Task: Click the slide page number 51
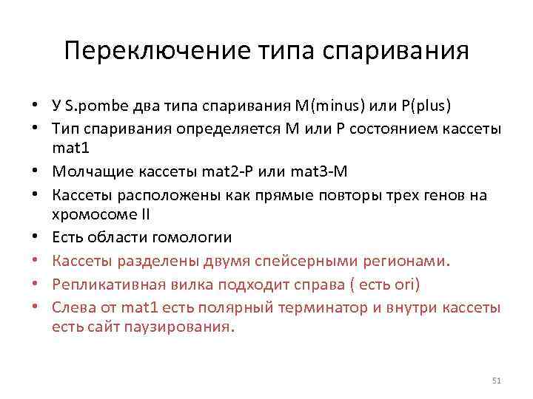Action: coord(497,380)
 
